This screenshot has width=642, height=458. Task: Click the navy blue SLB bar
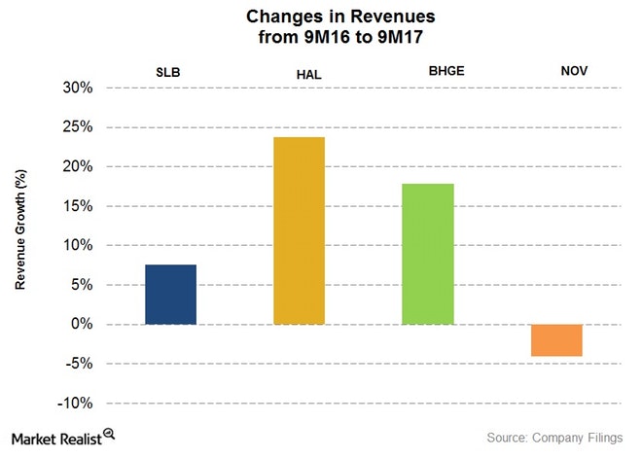[x=170, y=295]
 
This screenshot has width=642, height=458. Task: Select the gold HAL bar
[x=299, y=230]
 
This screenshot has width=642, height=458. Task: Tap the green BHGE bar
[x=427, y=254]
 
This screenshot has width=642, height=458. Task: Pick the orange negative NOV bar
[x=555, y=340]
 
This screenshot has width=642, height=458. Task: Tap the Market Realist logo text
[x=58, y=438]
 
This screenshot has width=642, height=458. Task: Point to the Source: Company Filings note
[x=558, y=440]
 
